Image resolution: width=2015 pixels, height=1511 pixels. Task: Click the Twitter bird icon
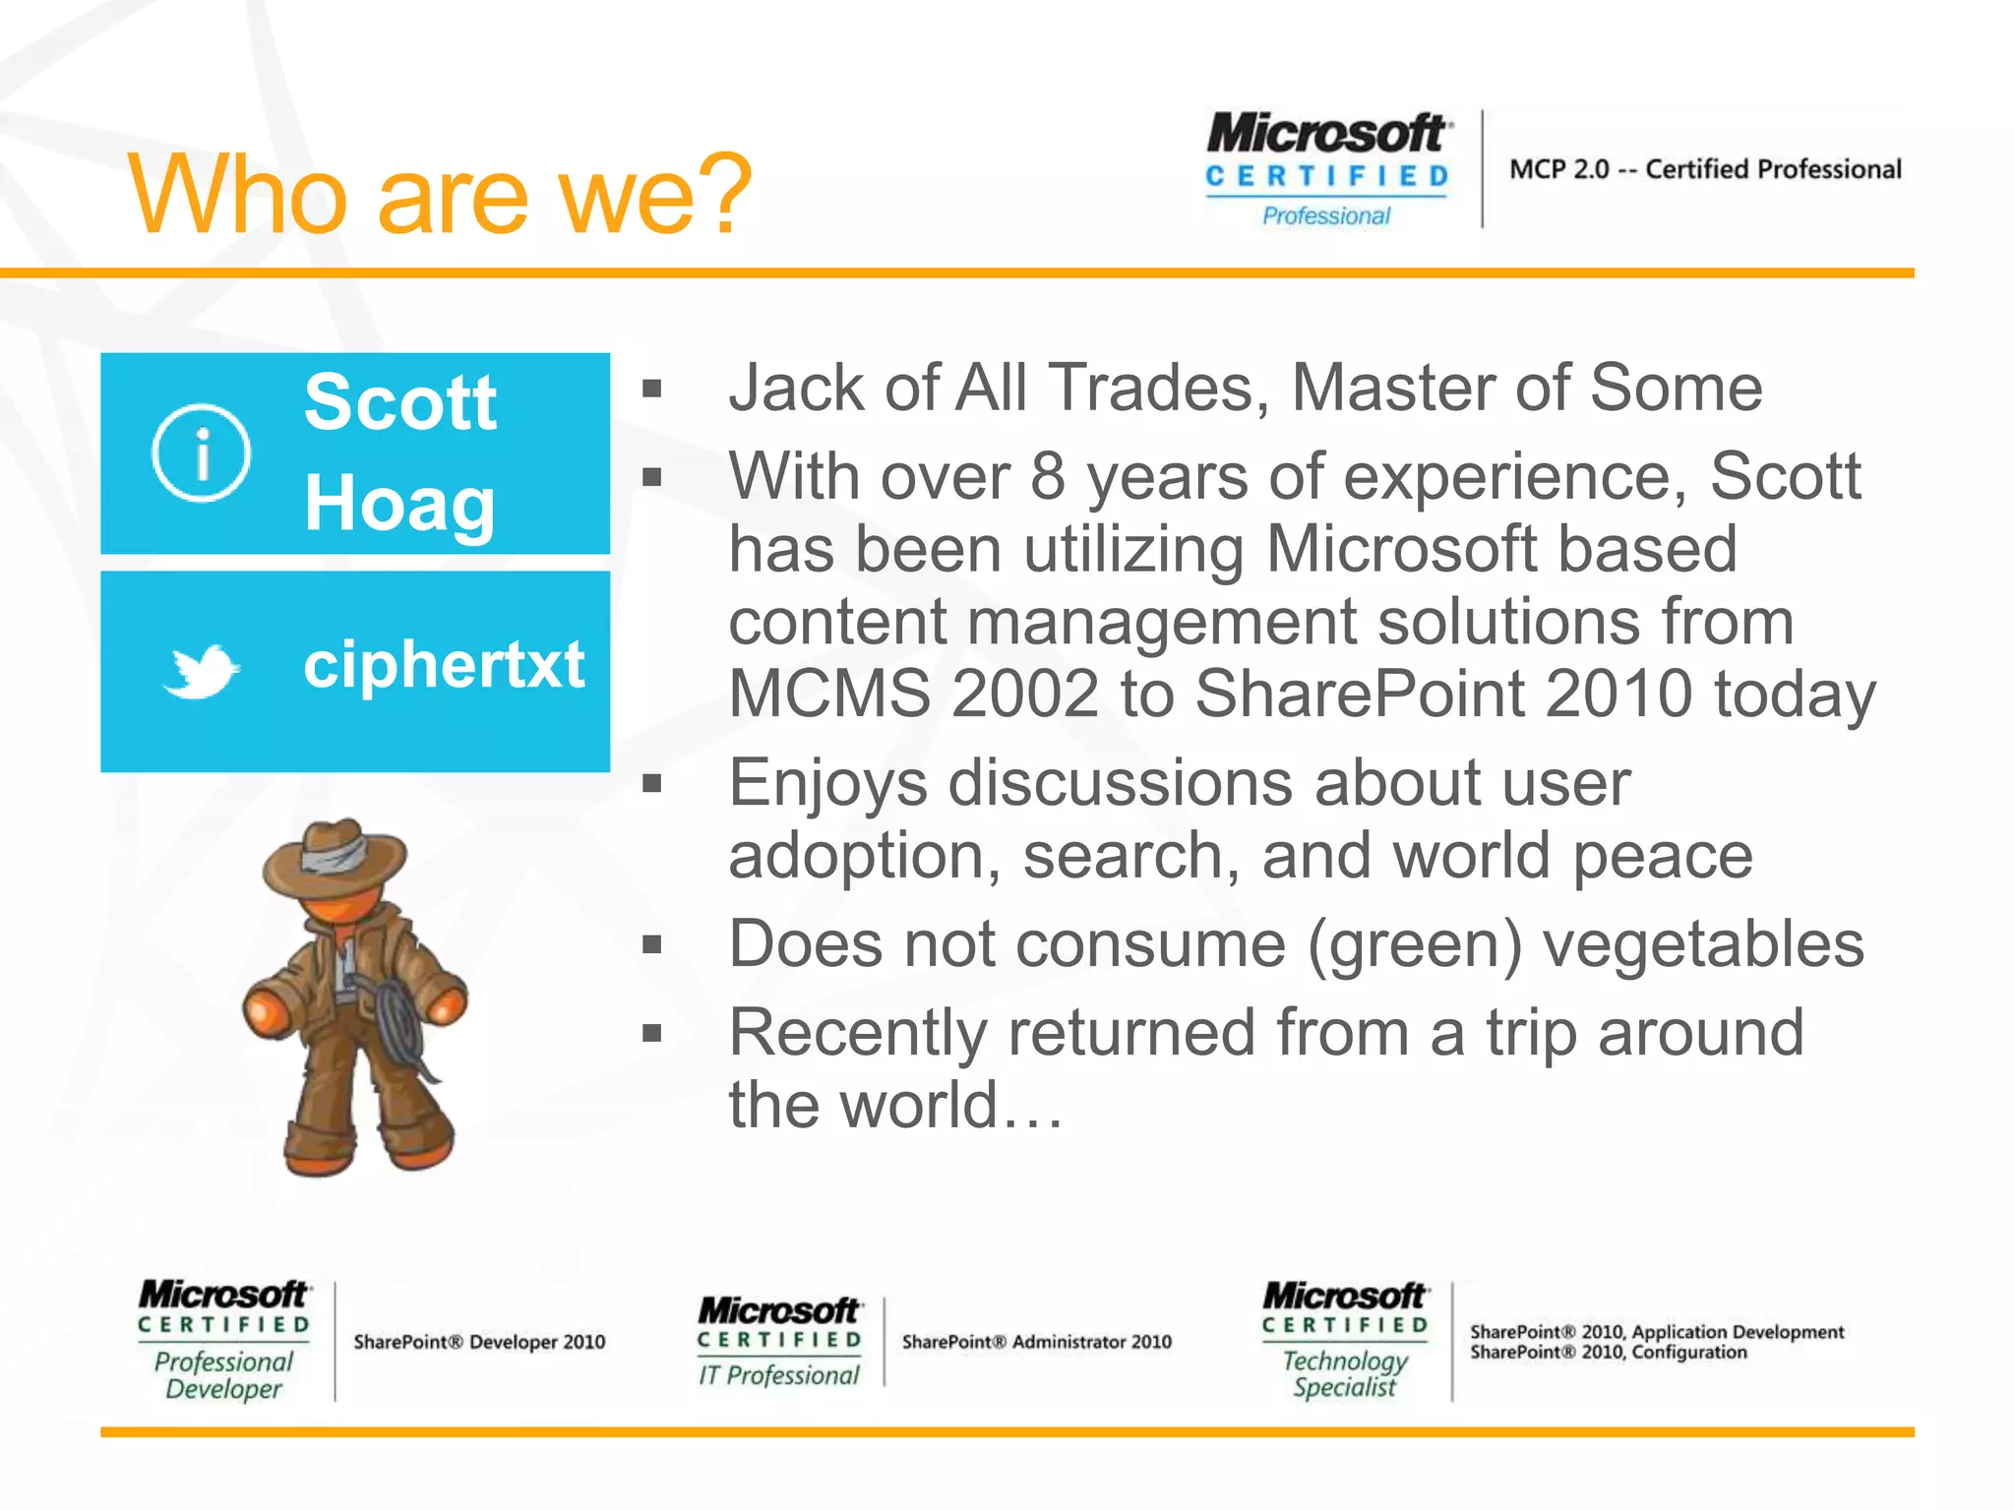click(x=201, y=671)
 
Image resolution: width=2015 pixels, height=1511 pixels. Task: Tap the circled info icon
click(x=201, y=453)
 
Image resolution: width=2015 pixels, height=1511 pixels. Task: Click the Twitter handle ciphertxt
click(x=444, y=664)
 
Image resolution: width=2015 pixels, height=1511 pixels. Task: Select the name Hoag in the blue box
click(x=399, y=503)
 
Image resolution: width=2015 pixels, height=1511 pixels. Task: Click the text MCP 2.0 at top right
click(x=1559, y=169)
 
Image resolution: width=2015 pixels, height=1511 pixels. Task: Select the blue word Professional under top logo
click(x=1326, y=215)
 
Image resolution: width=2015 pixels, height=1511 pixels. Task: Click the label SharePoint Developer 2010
click(x=479, y=1342)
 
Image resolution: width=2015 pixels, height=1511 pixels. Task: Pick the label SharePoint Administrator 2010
click(x=1036, y=1342)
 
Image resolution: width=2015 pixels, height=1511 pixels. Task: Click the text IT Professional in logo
click(x=778, y=1375)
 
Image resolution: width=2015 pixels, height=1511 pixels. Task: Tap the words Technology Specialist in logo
click(x=1344, y=1373)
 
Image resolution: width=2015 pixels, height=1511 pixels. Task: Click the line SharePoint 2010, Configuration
click(x=1608, y=1353)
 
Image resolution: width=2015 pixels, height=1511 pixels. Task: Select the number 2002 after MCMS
click(x=1024, y=694)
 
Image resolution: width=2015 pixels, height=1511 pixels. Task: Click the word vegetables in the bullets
click(x=1703, y=943)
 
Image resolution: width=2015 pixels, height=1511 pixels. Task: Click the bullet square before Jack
click(x=651, y=389)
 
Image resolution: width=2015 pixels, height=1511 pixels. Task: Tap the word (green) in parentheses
click(x=1415, y=943)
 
